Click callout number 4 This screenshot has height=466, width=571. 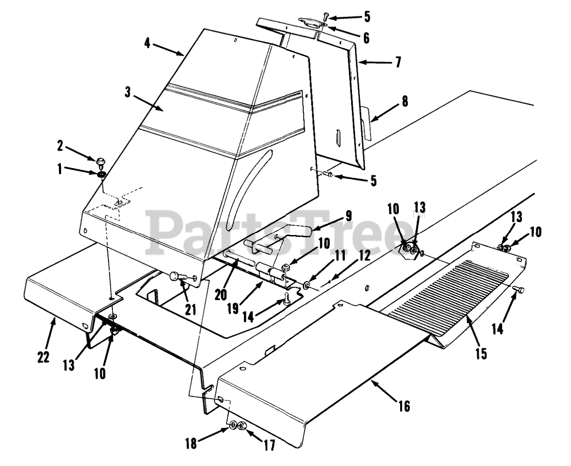[147, 43]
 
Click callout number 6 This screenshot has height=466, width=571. [366, 38]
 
